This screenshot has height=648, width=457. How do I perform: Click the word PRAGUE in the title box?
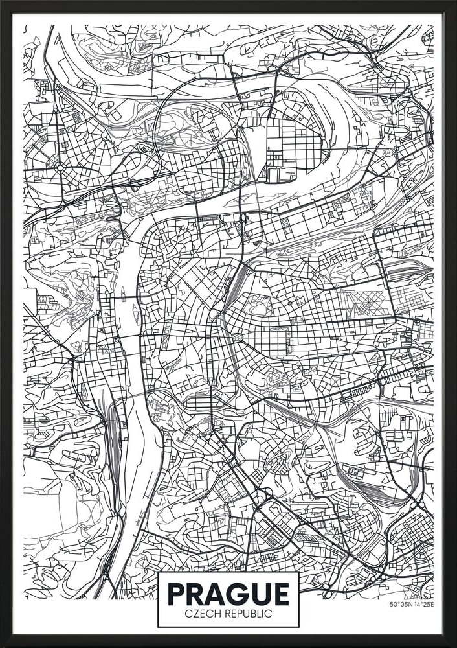tap(229, 594)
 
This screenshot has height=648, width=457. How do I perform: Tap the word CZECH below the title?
tap(201, 614)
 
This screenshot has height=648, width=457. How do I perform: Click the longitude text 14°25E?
tap(424, 605)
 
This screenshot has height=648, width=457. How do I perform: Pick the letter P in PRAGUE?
tap(177, 594)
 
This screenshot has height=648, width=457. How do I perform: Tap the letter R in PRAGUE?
tap(197, 594)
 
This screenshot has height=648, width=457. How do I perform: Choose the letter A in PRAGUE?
tap(219, 594)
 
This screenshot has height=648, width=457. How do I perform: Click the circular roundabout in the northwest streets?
tap(60, 167)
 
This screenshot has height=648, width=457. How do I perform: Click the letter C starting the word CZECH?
tap(188, 614)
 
